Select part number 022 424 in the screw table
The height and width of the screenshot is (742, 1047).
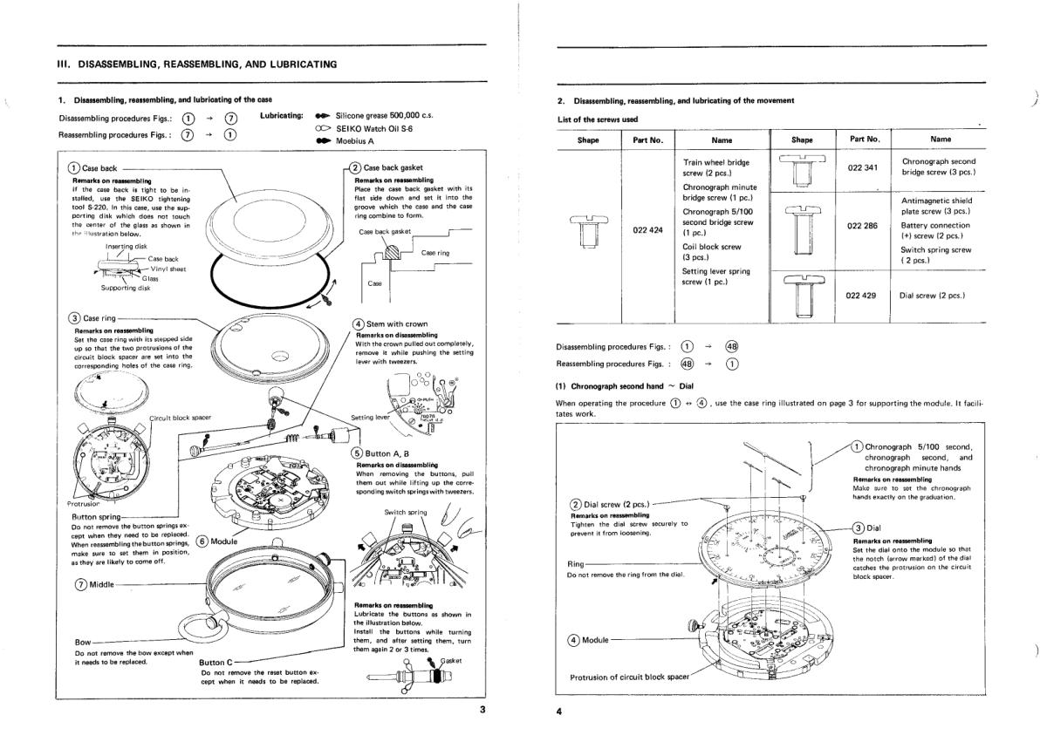[x=646, y=231]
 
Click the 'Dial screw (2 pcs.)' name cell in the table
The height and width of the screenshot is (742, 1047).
[x=932, y=295]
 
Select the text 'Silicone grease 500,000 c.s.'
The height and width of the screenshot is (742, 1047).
[x=385, y=115]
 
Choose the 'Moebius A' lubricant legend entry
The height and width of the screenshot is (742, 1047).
[x=354, y=140]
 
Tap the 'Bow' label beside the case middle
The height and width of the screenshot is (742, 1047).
[x=84, y=643]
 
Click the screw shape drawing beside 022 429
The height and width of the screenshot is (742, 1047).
[x=802, y=295]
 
